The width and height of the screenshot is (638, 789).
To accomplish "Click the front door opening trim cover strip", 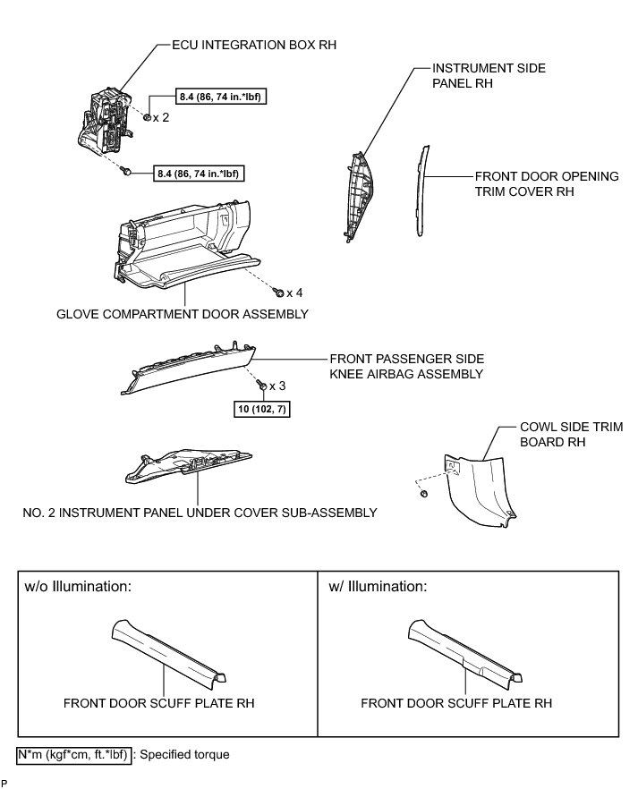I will pos(420,192).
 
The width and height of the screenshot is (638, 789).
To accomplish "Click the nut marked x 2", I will pos(147,117).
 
